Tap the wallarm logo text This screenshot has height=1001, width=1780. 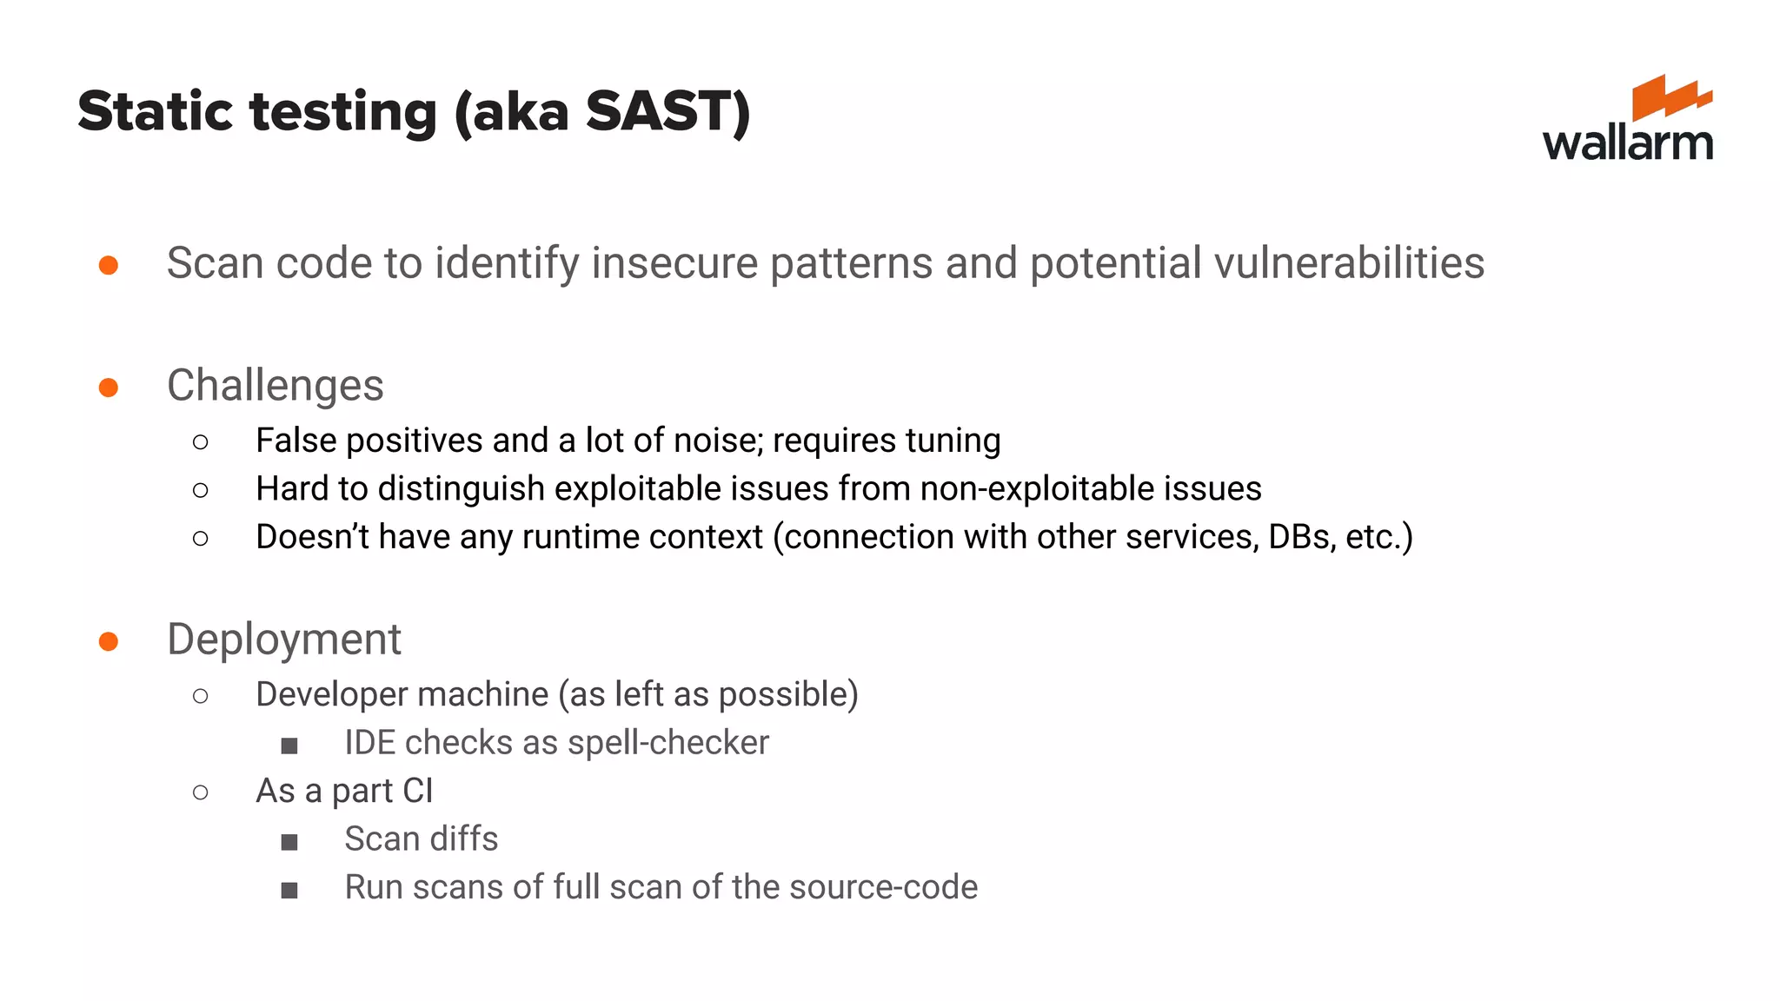click(1627, 143)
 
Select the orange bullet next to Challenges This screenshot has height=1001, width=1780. click(109, 387)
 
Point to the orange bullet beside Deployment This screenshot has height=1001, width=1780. click(109, 641)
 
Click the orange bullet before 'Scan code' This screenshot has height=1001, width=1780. click(109, 264)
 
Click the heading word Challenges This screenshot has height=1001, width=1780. click(275, 386)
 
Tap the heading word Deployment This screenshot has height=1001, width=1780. click(284, 640)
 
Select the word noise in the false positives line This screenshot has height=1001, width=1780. click(719, 441)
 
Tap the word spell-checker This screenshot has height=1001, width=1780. click(668, 743)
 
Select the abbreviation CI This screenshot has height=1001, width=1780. click(417, 791)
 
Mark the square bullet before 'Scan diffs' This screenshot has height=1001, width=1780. click(289, 842)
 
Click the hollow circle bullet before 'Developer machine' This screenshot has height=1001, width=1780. click(201, 696)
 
